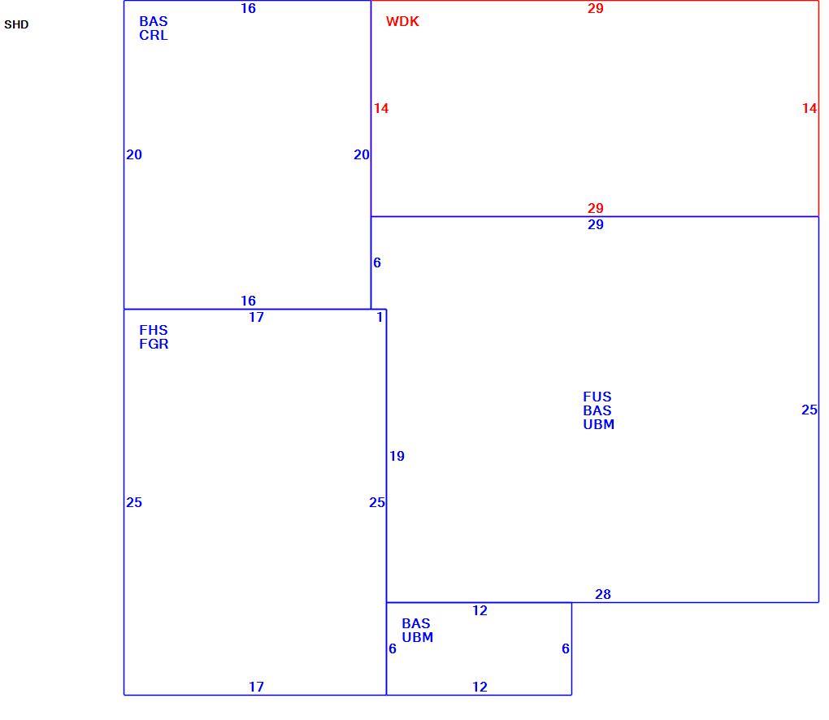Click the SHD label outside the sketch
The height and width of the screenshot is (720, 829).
(16, 25)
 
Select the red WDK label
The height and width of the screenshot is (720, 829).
(402, 22)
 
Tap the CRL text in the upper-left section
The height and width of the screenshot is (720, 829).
(154, 36)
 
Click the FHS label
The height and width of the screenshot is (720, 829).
(154, 331)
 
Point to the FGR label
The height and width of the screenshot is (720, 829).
(154, 344)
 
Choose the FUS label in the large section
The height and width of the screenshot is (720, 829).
(597, 397)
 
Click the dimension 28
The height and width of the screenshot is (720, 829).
(603, 595)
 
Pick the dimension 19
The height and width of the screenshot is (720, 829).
(397, 456)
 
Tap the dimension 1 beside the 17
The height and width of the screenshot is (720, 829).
(380, 317)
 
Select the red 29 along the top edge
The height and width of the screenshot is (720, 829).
(595, 8)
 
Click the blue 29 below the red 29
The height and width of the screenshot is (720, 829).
(595, 224)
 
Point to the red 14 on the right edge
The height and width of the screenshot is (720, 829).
(809, 108)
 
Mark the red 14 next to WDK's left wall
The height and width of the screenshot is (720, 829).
(381, 108)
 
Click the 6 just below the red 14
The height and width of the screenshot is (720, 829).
(377, 262)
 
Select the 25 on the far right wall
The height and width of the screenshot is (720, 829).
(809, 410)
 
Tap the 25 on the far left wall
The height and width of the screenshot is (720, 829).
(134, 503)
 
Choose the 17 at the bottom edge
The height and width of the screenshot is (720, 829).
(256, 687)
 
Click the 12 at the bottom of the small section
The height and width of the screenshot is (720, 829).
(480, 687)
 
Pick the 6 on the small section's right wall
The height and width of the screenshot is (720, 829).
(566, 648)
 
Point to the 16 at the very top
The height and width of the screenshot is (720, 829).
(248, 8)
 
